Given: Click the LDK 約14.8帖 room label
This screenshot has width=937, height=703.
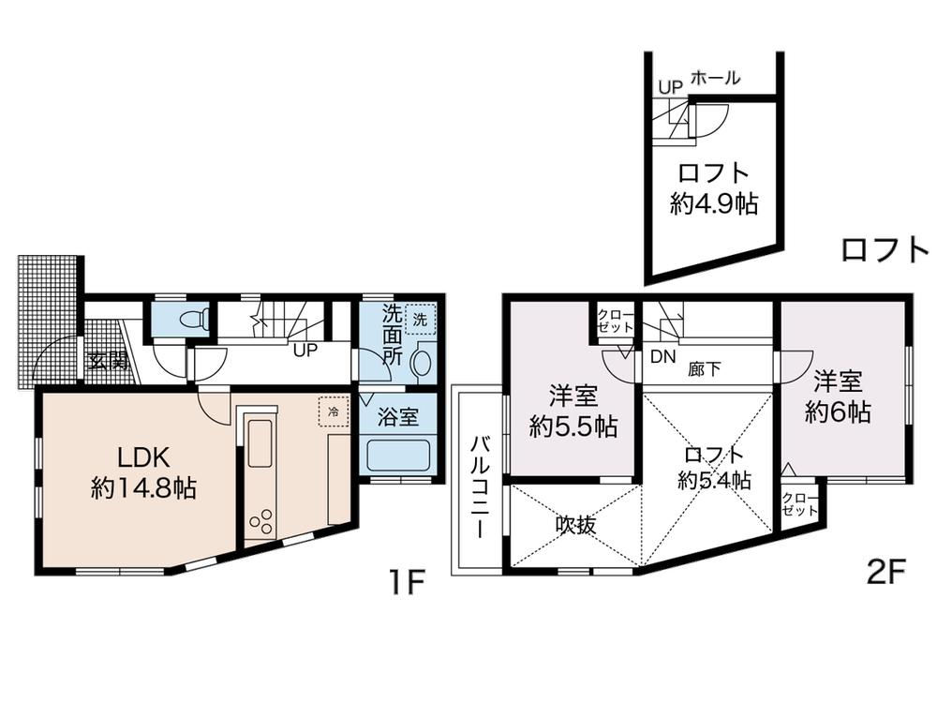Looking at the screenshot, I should [143, 472].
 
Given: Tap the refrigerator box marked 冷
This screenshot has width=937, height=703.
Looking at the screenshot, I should [333, 411].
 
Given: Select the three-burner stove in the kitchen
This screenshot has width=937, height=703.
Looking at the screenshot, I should [261, 520].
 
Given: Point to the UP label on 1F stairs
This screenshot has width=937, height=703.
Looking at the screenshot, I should [305, 351].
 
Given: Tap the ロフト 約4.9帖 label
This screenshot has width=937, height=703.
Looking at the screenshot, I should [713, 188].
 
